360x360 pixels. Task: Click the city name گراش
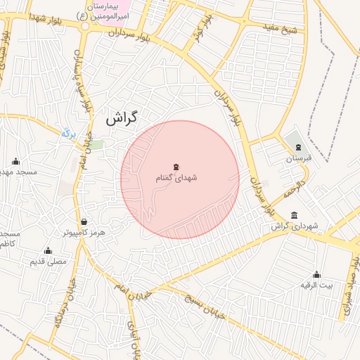coord(122,119)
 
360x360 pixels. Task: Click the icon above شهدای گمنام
coord(176,167)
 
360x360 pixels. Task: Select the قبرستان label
coord(297,158)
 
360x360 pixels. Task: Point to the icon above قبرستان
coord(299,147)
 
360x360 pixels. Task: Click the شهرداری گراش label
coord(295,226)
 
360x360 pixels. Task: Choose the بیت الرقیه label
coord(316,285)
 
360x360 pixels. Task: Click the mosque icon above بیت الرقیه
coord(316,274)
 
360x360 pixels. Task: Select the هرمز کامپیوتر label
coord(83,232)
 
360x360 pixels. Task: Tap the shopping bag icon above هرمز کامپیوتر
coord(84,221)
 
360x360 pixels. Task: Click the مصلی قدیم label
coord(47,262)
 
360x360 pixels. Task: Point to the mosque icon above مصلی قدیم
coord(48,250)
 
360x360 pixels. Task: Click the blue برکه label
coord(68,132)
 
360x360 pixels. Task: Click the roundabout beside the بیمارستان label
coord(85,26)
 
